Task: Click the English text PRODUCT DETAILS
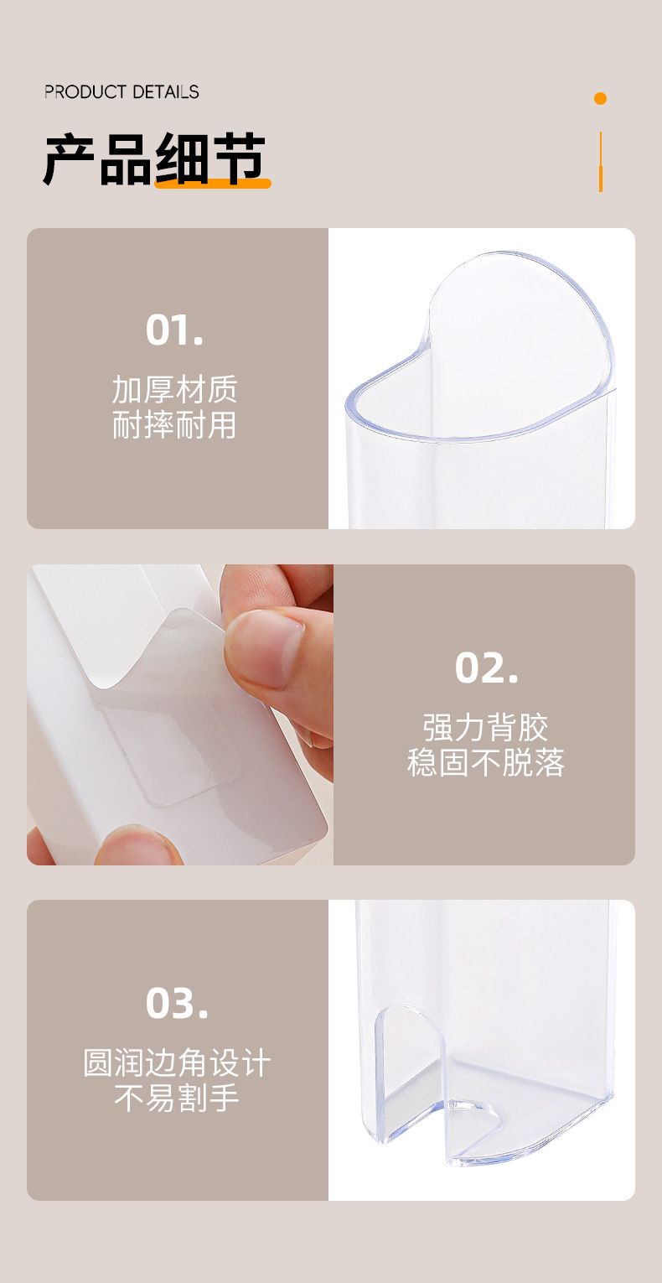[122, 91]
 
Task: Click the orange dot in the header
[600, 98]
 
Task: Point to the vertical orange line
[600, 162]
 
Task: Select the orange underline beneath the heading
[213, 184]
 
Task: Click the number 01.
[174, 330]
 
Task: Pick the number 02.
[486, 667]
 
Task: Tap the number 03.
[177, 1004]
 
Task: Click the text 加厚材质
[174, 389]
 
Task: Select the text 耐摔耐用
[174, 425]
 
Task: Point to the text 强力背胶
[486, 727]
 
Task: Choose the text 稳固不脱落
[486, 762]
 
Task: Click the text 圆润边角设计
[177, 1063]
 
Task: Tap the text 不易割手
[177, 1098]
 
